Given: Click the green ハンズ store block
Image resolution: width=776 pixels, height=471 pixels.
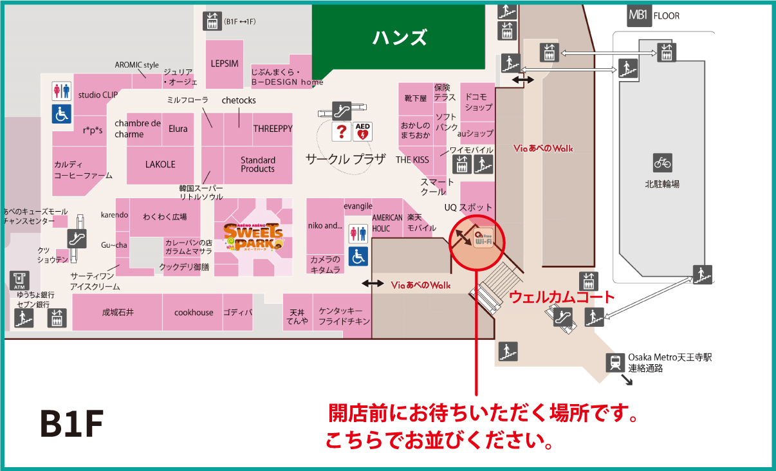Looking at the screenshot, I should point(399,37).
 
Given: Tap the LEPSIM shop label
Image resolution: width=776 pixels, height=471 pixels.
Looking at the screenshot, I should point(225,64).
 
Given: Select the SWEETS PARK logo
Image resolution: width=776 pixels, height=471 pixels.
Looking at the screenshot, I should point(253,237).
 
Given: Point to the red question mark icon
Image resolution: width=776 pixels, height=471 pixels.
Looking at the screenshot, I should point(342,132).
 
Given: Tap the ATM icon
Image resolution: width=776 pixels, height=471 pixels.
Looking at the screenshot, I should point(21,280).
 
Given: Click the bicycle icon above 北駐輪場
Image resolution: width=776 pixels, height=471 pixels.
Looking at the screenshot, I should point(662,163).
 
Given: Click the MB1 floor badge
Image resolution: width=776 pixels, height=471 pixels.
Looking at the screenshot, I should point(638,15).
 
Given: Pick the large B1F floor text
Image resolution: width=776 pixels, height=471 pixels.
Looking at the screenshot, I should point(72,423).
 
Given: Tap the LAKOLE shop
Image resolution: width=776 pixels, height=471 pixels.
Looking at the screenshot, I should point(160,164).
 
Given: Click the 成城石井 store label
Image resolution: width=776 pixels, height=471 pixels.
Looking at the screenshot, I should point(118,312).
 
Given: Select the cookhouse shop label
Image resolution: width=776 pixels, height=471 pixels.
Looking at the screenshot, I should point(194,312).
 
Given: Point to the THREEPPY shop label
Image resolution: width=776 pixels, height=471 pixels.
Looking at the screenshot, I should point(272,129).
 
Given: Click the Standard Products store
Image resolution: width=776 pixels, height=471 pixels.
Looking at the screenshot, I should point(257,164).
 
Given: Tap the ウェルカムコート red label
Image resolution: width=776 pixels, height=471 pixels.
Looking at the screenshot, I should point(562,297).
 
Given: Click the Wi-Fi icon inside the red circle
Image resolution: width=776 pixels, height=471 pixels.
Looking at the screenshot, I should point(483,239).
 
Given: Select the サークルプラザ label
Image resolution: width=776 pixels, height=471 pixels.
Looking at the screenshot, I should point(345,159).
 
